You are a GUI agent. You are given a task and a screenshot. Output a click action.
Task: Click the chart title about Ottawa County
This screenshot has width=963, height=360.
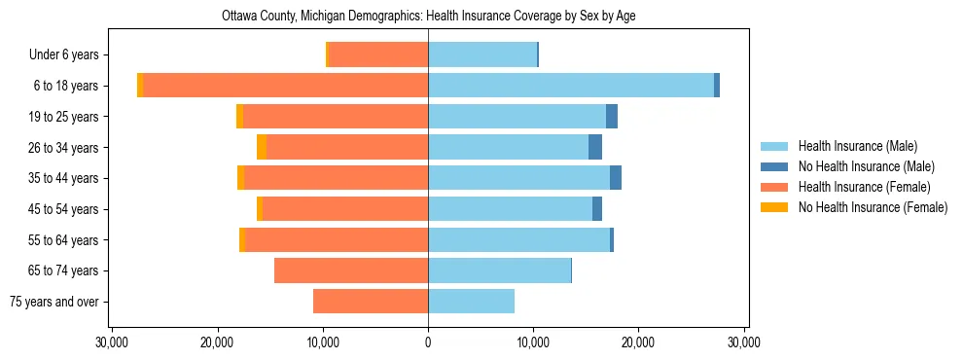[x=428, y=17]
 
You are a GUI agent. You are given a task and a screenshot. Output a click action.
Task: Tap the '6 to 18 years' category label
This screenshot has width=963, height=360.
[x=67, y=86]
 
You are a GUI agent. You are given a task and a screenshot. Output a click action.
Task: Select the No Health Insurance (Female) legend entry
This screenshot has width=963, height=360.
[x=873, y=207]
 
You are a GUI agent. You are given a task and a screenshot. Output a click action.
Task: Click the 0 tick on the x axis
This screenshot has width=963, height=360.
[x=428, y=342]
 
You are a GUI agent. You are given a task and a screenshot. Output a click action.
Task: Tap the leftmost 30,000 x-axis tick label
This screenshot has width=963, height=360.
[x=113, y=342]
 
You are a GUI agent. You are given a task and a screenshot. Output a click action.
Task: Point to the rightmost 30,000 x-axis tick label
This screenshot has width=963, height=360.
[x=744, y=342]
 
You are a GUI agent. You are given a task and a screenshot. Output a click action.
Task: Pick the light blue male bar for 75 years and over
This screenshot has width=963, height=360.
[x=471, y=302]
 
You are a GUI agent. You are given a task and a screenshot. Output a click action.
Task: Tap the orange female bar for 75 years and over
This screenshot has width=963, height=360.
[x=371, y=302]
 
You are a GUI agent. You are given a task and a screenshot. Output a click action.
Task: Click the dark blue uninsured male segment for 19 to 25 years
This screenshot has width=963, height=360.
[x=612, y=117]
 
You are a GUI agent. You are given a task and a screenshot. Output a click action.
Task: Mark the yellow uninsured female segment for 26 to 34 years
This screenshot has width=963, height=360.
[x=262, y=147]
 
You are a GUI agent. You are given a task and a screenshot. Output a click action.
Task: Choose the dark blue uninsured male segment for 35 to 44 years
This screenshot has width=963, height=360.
[x=616, y=178]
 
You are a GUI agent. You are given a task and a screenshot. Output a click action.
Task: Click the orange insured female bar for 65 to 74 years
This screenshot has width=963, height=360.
[x=351, y=270]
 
